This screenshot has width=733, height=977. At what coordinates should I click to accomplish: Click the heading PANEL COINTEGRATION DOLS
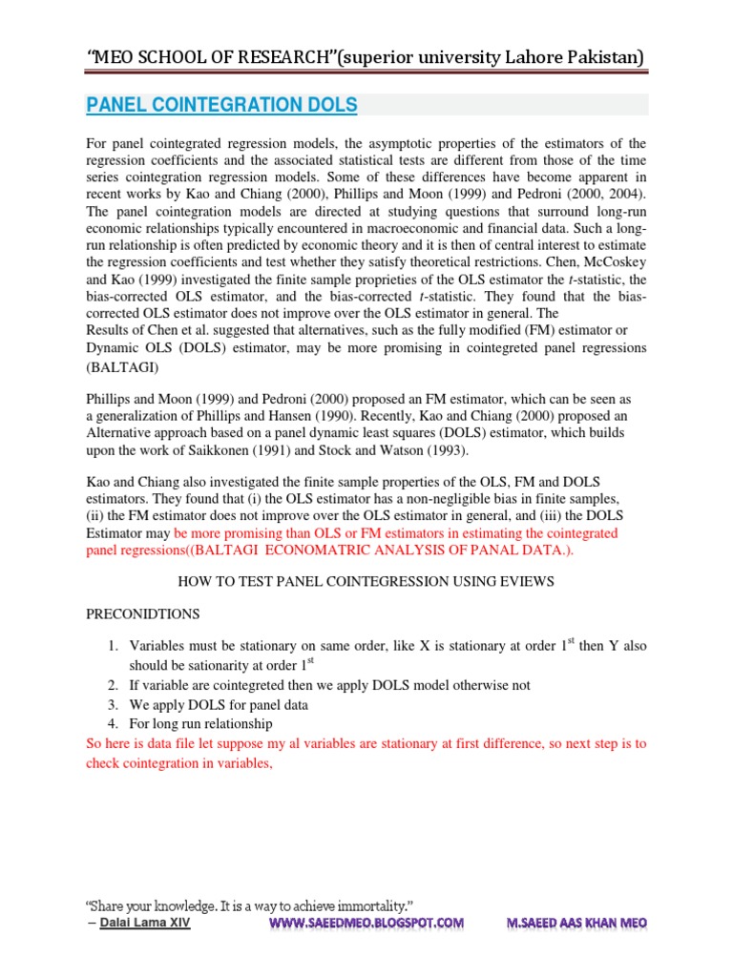coord(221,104)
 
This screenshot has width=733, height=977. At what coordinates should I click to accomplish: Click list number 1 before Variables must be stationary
coord(111,647)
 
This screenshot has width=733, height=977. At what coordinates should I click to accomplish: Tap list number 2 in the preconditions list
coord(111,686)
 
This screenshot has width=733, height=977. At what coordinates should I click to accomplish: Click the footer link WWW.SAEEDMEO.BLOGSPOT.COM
coord(366,923)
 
